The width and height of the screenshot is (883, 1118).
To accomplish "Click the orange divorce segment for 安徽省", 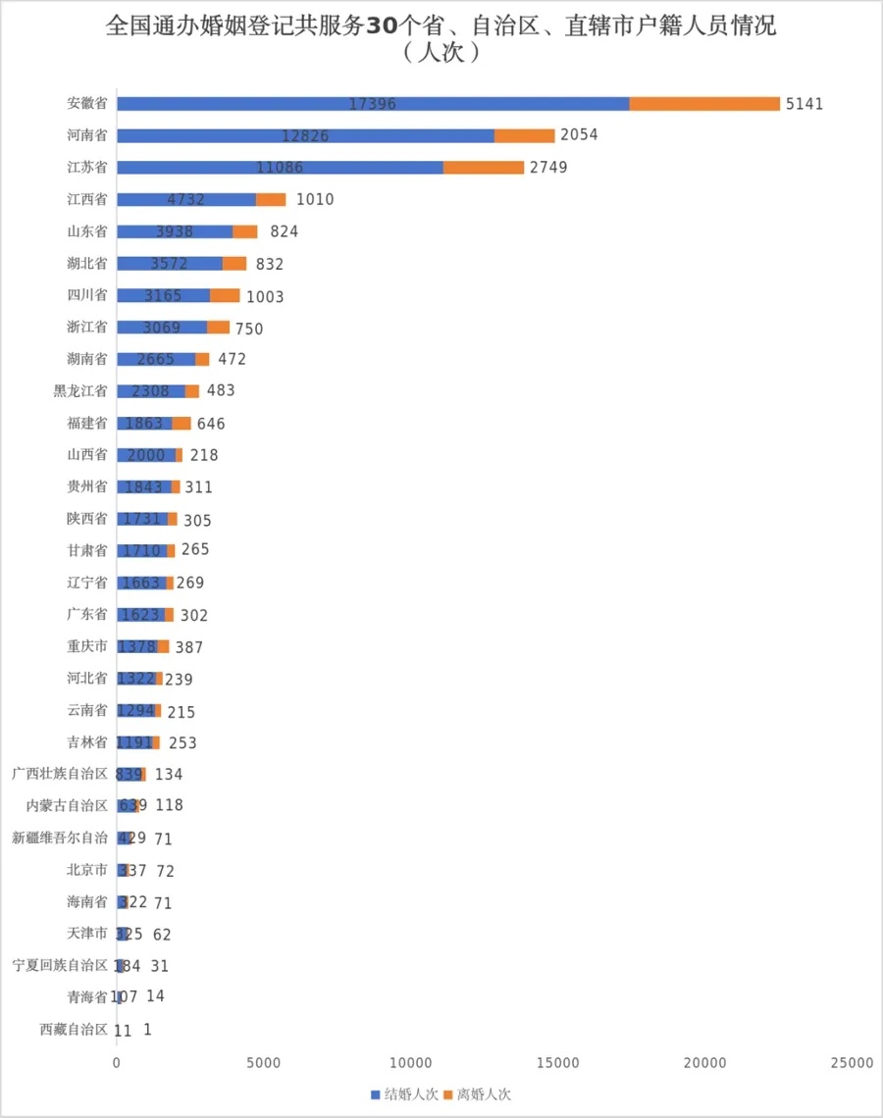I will [x=704, y=104].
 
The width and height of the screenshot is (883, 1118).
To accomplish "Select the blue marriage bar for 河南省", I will [x=305, y=135].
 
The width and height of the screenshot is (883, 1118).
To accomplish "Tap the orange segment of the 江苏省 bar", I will [x=484, y=168].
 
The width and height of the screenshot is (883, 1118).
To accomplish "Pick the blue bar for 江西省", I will [x=186, y=199].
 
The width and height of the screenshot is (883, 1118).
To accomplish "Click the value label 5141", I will [x=805, y=104].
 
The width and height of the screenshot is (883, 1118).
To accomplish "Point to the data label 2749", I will [x=548, y=168].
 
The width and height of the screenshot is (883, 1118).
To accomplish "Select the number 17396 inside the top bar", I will [x=373, y=104].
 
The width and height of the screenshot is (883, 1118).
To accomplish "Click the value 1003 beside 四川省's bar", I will [x=265, y=296].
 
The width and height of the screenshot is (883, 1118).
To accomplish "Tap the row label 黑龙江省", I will [x=80, y=390].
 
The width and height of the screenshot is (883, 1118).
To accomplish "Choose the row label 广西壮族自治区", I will [x=60, y=774].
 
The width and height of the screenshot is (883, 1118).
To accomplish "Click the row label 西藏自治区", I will [x=74, y=1030].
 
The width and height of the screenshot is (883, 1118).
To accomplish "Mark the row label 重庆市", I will [x=87, y=646].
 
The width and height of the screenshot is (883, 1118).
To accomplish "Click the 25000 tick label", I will [x=850, y=1063].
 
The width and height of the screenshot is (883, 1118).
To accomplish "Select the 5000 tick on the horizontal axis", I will [x=264, y=1063].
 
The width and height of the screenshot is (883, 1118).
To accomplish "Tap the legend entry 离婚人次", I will [x=477, y=1094].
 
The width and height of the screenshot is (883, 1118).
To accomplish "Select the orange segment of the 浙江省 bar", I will [x=218, y=328].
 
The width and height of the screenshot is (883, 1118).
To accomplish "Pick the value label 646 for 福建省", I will [x=211, y=424].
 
